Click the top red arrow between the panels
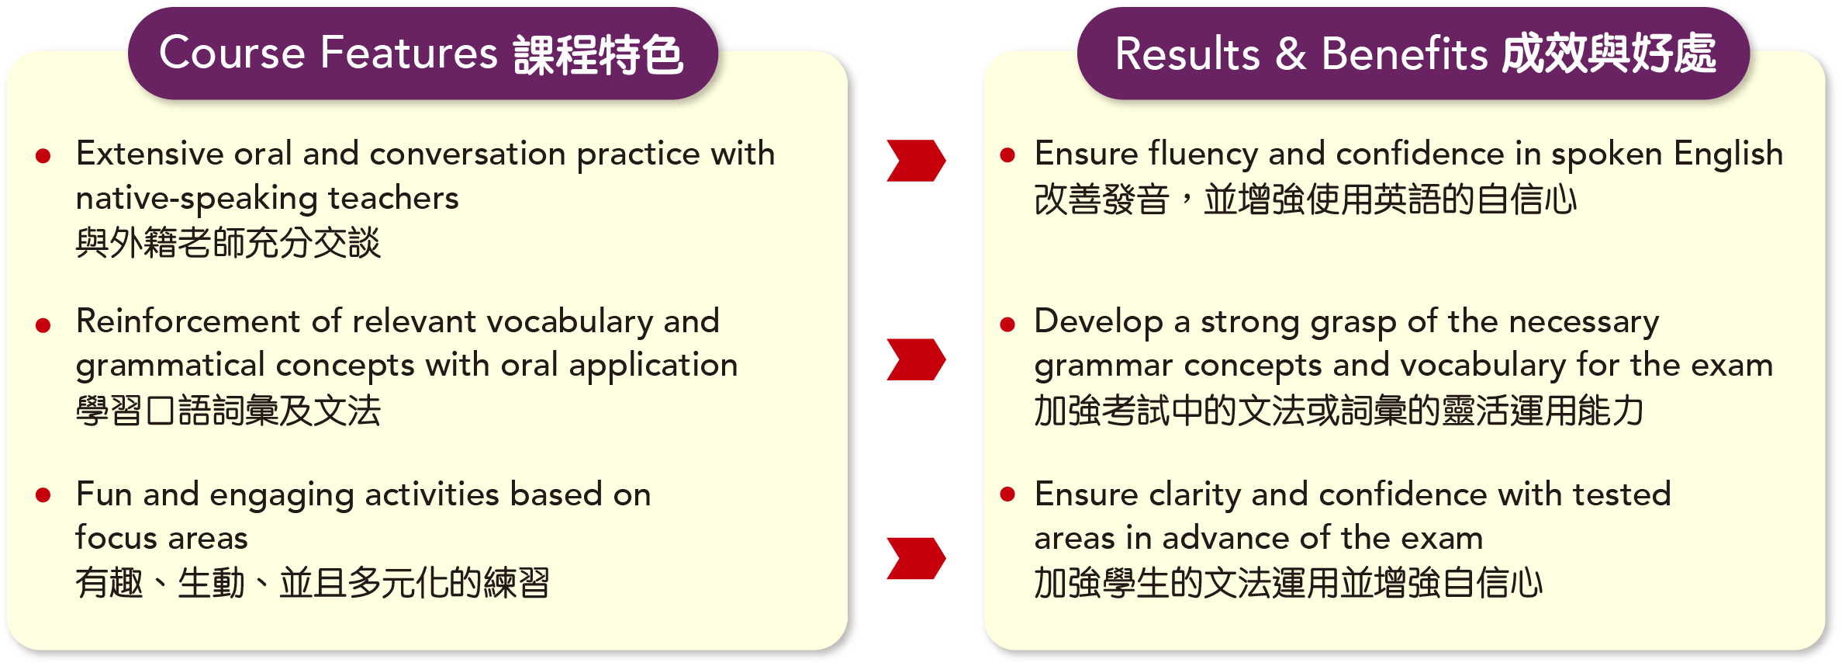(917, 161)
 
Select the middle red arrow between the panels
(917, 359)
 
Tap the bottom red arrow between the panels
(917, 558)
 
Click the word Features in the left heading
(409, 53)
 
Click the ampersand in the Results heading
(1291, 54)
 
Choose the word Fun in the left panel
(104, 494)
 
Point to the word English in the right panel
(1729, 154)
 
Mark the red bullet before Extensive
(43, 157)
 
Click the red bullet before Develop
(1007, 324)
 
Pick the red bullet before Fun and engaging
(43, 495)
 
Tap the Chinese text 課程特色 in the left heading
(599, 55)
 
